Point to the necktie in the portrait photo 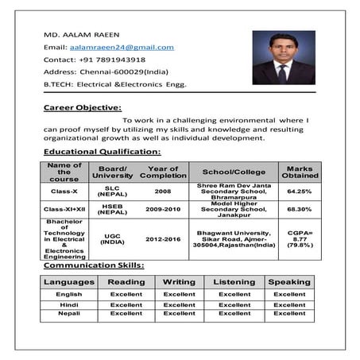(282, 72)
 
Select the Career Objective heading (83, 106)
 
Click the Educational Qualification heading (102, 151)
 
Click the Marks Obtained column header (300, 172)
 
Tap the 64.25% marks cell (300, 192)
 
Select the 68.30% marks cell (300, 209)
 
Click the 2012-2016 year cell (163, 238)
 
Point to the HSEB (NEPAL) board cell (112, 209)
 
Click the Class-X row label (64, 192)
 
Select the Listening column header (234, 282)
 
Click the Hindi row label (69, 304)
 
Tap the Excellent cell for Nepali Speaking (289, 314)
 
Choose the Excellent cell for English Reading (126, 294)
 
